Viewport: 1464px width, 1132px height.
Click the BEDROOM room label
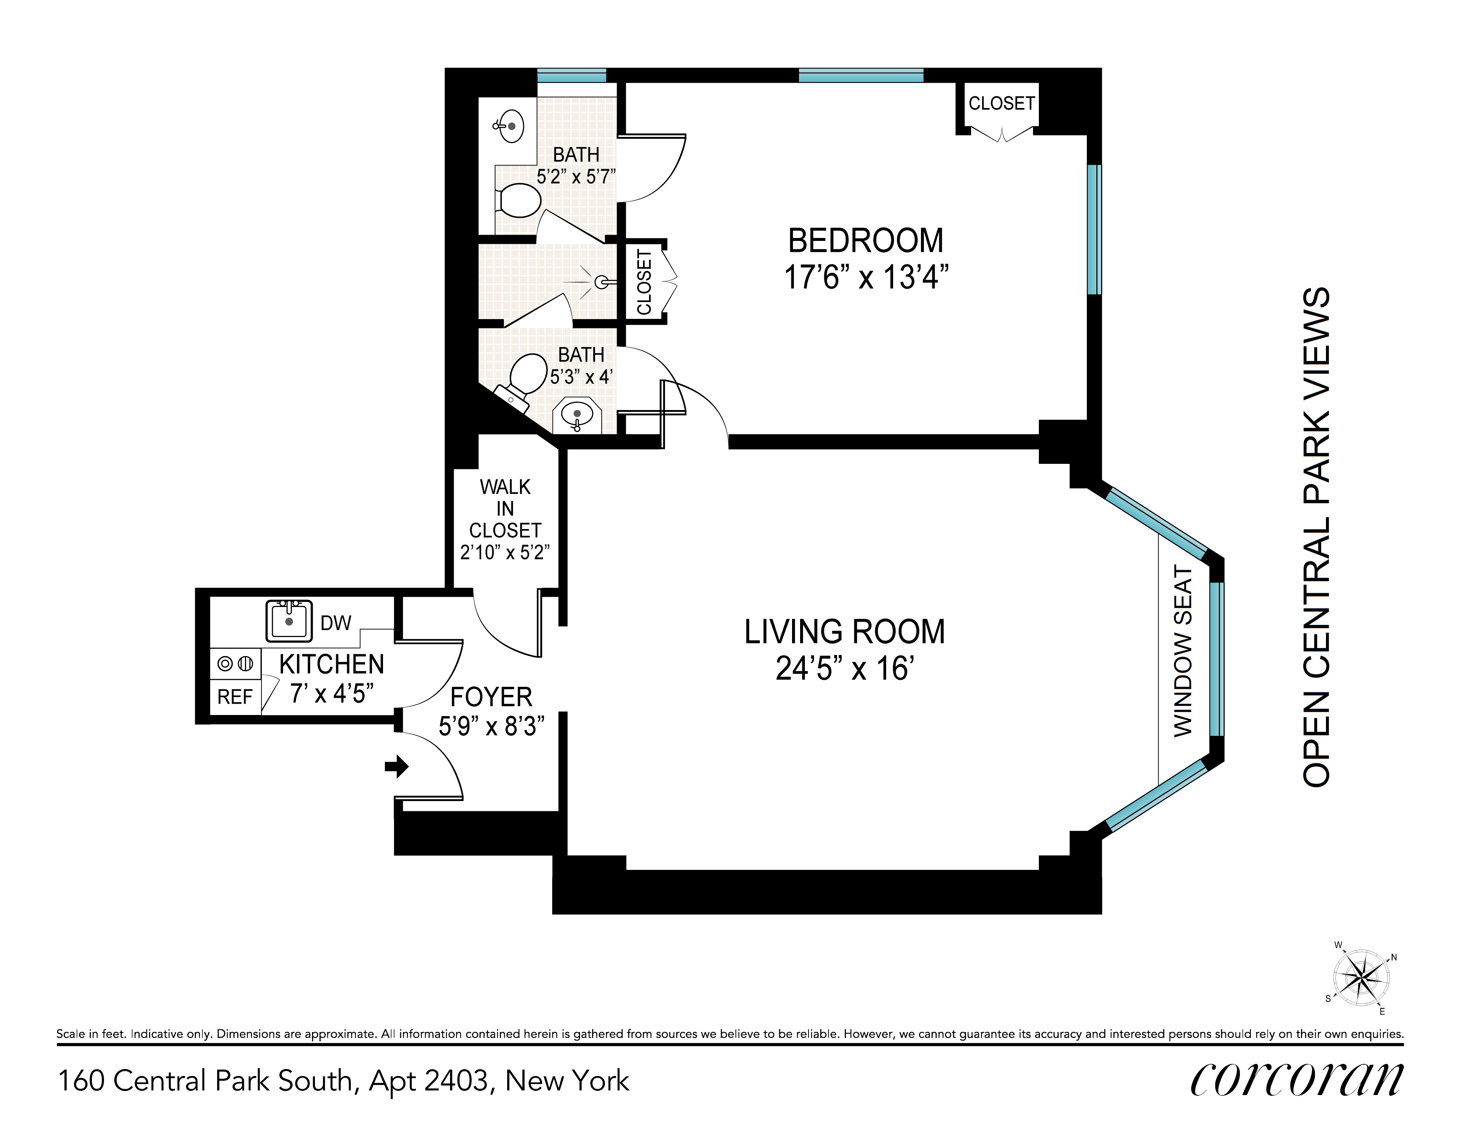[865, 241]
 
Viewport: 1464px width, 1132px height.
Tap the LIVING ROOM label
[845, 632]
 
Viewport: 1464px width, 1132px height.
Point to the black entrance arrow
[397, 766]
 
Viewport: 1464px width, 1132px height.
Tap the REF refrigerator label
[235, 697]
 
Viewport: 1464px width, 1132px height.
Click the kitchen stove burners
[235, 663]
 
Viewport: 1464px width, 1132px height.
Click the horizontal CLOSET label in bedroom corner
[1002, 103]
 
